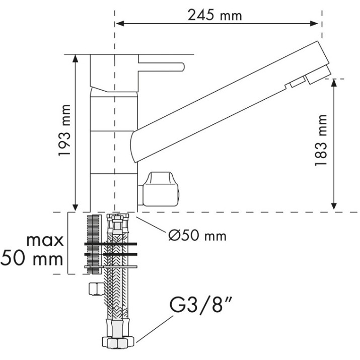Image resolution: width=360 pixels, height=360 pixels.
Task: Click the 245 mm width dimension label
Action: click(214, 16)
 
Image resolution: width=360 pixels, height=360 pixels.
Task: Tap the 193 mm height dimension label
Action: click(64, 130)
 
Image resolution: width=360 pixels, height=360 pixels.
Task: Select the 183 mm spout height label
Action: click(321, 140)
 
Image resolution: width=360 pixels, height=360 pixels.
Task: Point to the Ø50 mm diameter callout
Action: click(197, 236)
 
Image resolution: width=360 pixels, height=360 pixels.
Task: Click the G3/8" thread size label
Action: click(200, 305)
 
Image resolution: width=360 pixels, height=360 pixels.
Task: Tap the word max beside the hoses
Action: click(45, 241)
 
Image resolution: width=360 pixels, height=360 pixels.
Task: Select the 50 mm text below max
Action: click(32, 259)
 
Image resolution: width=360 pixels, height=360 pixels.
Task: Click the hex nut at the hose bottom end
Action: click(118, 343)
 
